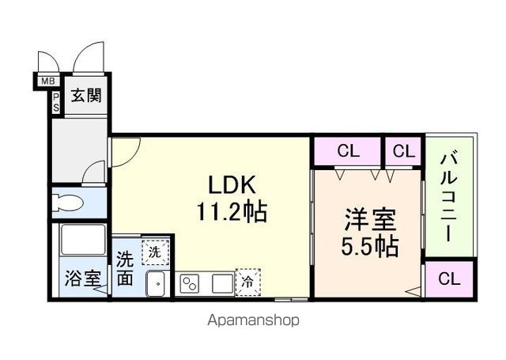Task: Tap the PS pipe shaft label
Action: point(57,101)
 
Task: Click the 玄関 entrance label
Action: point(85,97)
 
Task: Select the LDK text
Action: point(231,185)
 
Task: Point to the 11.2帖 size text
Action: point(232,212)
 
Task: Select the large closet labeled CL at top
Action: point(348,151)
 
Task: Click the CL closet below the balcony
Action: point(448,279)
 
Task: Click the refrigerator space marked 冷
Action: point(247,280)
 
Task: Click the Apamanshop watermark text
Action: point(253,320)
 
